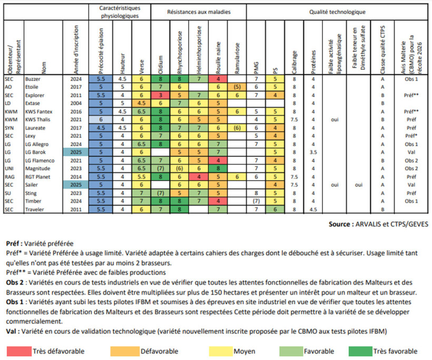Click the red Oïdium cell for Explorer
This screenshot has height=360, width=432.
coord(160,95)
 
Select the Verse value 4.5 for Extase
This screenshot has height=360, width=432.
coord(141,103)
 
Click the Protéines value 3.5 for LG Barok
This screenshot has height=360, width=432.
coord(313,152)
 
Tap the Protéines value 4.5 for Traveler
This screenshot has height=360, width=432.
coord(313,209)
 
